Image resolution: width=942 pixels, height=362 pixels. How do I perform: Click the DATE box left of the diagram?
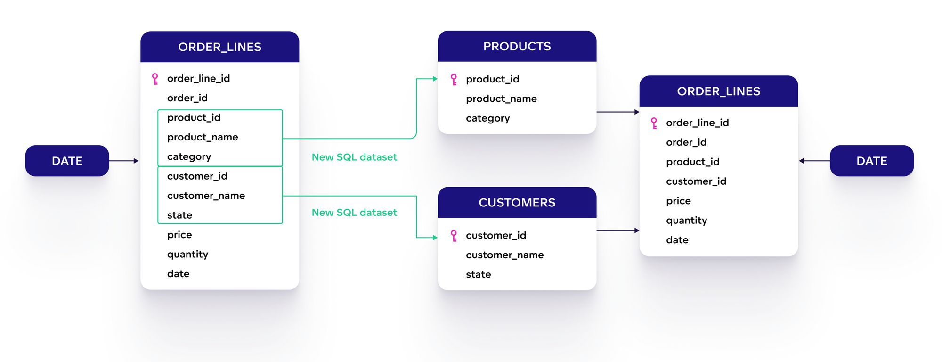click(x=67, y=161)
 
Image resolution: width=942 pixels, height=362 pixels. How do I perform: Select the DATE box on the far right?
click(x=871, y=161)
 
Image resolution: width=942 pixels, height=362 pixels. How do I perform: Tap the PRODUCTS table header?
click(x=517, y=46)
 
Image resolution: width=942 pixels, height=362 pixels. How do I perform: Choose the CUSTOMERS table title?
click(x=517, y=203)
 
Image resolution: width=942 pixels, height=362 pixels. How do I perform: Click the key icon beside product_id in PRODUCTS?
click(x=454, y=79)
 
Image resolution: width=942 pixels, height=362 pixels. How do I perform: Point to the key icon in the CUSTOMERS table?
click(x=454, y=236)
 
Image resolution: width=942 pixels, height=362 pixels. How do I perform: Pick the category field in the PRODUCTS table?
click(x=487, y=118)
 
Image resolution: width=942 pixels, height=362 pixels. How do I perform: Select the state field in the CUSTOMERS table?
click(x=478, y=274)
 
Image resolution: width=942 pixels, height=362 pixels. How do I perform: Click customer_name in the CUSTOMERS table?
click(x=504, y=255)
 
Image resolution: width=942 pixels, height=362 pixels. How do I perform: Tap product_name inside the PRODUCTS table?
click(x=501, y=99)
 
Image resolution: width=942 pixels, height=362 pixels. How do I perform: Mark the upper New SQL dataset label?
click(x=354, y=157)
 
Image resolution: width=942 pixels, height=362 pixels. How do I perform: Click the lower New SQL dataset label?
click(x=354, y=213)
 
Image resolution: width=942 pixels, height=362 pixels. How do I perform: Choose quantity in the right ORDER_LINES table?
click(x=686, y=221)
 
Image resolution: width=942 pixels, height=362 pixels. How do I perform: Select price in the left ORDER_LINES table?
click(x=179, y=235)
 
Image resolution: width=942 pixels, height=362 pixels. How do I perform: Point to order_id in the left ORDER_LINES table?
click(x=187, y=98)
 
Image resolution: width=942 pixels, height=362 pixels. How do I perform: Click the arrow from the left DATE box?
click(x=124, y=161)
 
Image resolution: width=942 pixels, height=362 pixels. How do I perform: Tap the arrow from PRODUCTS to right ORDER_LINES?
click(x=617, y=112)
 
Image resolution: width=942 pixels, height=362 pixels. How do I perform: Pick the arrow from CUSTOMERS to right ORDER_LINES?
click(x=617, y=230)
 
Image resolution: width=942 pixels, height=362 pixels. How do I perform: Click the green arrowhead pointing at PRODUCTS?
click(x=435, y=79)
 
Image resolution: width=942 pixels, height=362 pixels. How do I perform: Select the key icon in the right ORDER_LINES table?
click(x=654, y=123)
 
